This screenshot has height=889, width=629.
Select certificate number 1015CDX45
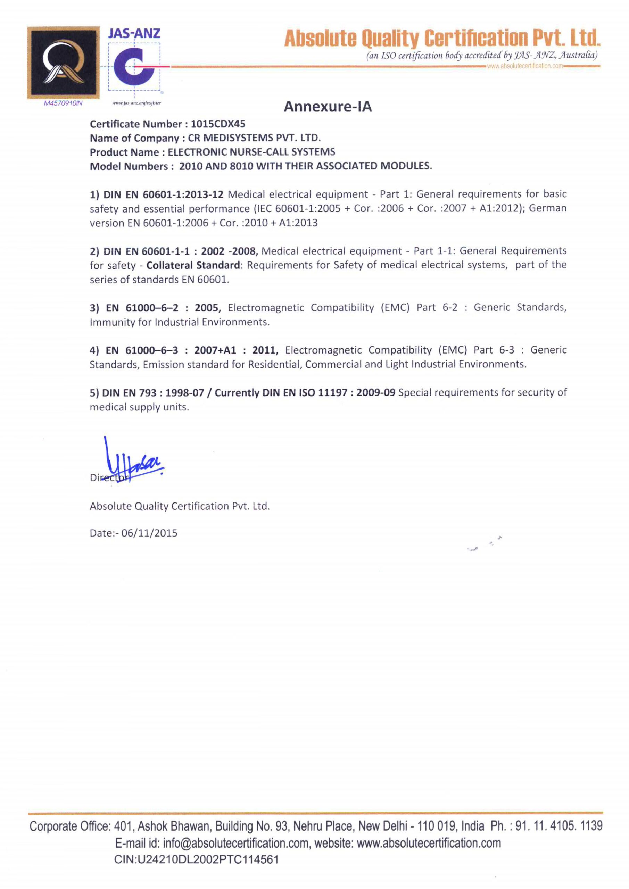tap(218, 124)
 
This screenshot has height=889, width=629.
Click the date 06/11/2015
tap(149, 533)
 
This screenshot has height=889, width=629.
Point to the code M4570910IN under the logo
tap(63, 103)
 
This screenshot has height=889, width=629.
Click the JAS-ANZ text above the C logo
tap(134, 33)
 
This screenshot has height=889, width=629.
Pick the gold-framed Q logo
tap(63, 63)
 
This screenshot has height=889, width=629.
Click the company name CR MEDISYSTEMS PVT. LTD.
tap(255, 138)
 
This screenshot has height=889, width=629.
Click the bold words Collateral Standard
tap(193, 265)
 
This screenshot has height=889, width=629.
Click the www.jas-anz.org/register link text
tap(136, 103)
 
